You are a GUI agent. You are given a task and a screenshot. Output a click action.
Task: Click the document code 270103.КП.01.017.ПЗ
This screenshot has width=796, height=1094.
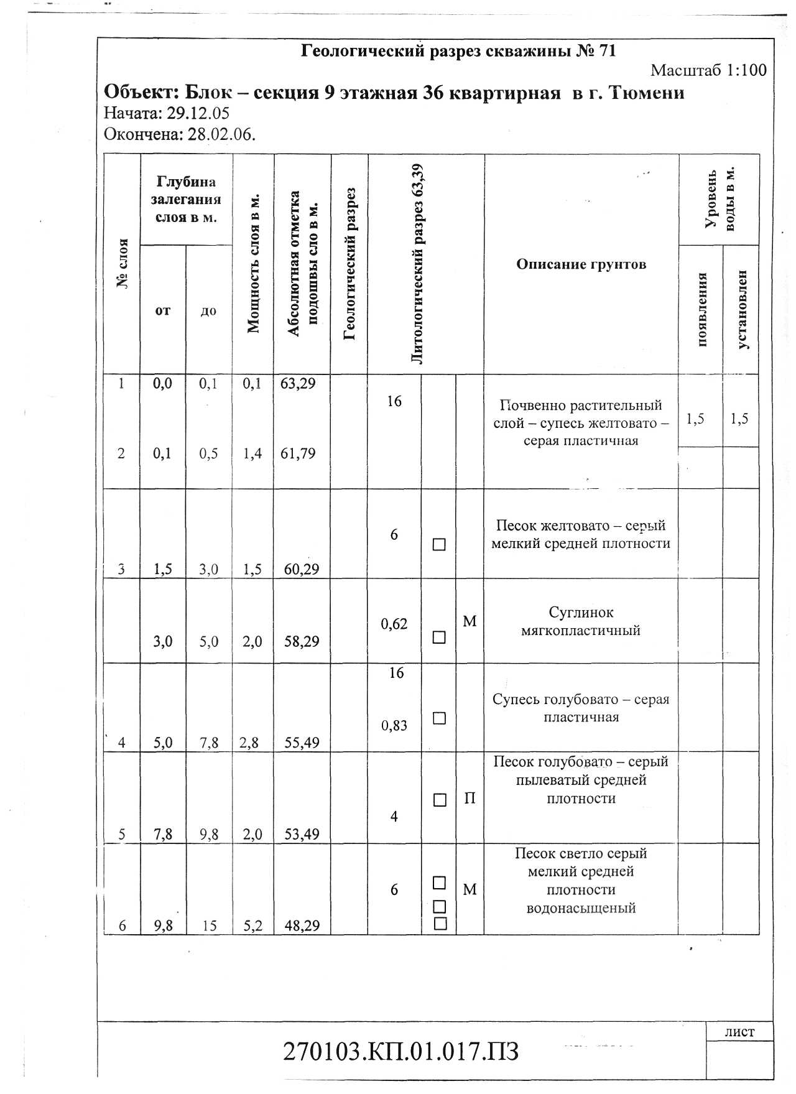click(x=400, y=1050)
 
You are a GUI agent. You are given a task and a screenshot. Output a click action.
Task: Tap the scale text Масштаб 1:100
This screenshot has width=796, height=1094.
click(x=708, y=70)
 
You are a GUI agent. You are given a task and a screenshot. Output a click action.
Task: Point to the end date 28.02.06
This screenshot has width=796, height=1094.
click(x=221, y=134)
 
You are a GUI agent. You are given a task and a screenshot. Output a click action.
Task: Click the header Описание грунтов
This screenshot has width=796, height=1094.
click(x=581, y=264)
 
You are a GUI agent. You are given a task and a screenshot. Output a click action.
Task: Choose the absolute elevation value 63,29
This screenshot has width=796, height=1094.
click(x=298, y=383)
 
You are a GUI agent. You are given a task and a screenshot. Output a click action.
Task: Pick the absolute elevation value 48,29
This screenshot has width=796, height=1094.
click(x=302, y=925)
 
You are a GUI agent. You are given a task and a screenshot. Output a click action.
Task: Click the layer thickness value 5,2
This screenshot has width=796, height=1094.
click(x=252, y=925)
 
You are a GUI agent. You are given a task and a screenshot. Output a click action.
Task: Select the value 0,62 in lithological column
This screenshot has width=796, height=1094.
click(x=394, y=624)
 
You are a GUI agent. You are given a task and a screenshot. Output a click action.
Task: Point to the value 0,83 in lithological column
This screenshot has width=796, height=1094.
click(x=394, y=725)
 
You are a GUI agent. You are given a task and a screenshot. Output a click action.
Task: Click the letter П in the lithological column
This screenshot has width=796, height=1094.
click(x=470, y=799)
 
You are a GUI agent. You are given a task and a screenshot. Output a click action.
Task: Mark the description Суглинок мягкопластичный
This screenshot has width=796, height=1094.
click(x=581, y=621)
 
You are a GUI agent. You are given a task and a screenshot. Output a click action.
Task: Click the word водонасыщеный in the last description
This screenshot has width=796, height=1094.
click(x=581, y=908)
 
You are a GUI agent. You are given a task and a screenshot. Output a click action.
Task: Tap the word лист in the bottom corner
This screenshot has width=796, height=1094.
click(x=739, y=1032)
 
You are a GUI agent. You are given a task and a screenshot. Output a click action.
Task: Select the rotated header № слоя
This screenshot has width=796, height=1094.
click(x=123, y=264)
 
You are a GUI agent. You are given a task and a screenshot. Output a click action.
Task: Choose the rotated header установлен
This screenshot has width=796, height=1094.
click(x=741, y=309)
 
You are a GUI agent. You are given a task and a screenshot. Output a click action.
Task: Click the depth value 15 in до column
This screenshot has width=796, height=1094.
click(x=209, y=926)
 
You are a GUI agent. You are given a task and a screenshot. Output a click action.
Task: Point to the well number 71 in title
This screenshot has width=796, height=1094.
click(x=607, y=51)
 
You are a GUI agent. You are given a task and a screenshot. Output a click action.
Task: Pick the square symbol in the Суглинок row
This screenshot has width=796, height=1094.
click(x=439, y=637)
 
